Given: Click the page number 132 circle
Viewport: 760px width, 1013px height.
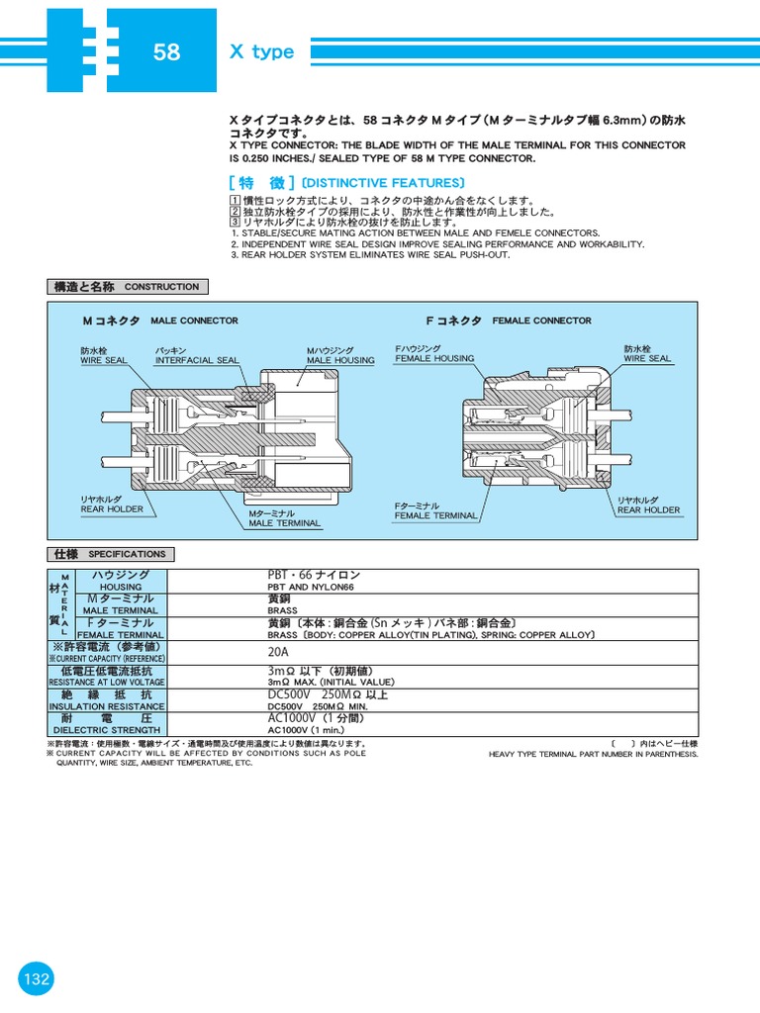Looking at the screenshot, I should point(37,979).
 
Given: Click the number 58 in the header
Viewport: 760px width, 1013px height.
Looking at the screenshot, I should point(166,52).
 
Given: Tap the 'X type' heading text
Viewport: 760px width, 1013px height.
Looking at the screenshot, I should point(262,52).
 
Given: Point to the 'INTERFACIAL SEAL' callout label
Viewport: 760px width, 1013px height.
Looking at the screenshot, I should point(197,361).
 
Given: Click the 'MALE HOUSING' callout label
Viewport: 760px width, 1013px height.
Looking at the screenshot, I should point(340,361).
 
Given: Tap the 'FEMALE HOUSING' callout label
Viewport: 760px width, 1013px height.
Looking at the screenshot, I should point(434,358).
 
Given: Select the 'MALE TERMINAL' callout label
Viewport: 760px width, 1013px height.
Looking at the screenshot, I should point(284,523).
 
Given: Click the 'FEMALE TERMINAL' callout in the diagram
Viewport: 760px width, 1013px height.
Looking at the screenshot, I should point(435,515).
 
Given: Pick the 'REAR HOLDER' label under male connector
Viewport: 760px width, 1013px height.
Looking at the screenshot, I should point(112,509).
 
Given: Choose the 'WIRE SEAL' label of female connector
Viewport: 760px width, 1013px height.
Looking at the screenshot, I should point(646,358).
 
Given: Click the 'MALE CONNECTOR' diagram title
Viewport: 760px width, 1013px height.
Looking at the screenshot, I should point(194,321).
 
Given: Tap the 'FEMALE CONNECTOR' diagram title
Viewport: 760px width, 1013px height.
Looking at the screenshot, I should point(541,321).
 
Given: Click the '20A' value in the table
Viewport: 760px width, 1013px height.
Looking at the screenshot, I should point(278,653).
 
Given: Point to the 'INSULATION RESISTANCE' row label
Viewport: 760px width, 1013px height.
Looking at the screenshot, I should point(107,706).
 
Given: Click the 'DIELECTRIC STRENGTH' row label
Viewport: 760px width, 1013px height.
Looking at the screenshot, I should point(107,731).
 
